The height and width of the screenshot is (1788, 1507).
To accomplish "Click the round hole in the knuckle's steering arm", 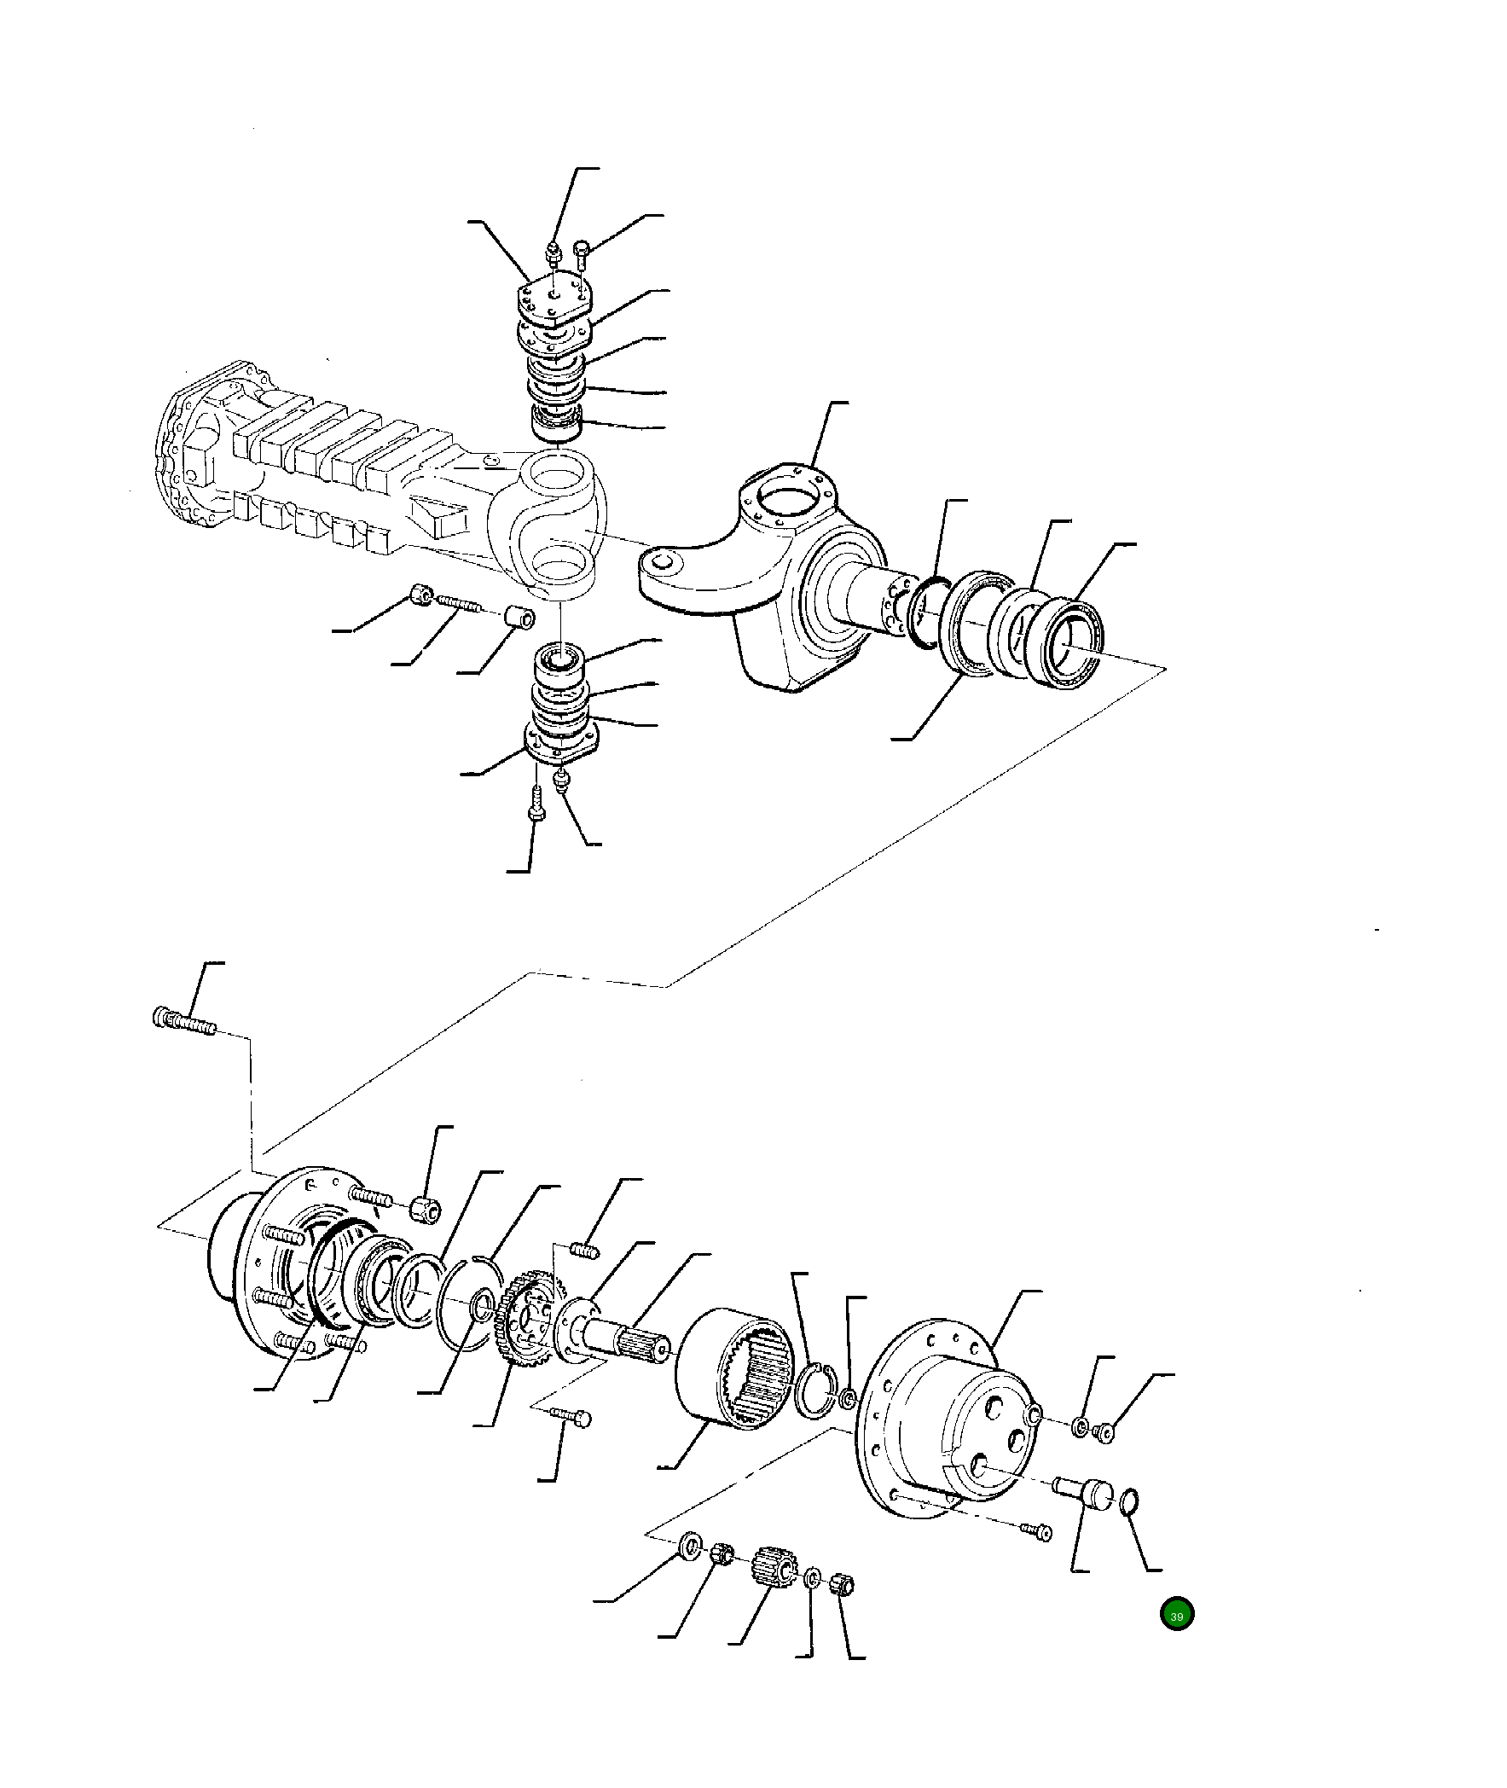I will [x=664, y=561].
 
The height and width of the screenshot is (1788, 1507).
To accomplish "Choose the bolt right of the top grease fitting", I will [x=581, y=250].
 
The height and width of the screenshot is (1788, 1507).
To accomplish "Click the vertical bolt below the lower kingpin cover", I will [x=536, y=806].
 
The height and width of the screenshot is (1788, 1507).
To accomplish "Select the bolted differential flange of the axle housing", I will [x=188, y=462].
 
